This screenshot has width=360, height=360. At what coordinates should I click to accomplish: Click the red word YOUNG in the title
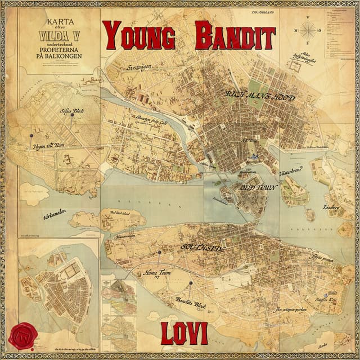tap(140, 37)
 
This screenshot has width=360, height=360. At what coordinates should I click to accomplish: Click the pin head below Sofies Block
tap(71, 116)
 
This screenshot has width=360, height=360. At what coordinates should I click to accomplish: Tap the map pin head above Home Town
tap(159, 253)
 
